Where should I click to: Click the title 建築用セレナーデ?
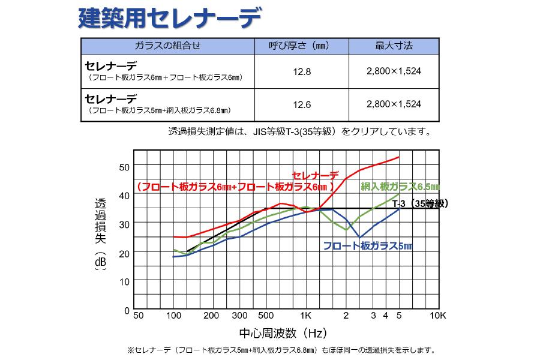(169, 19)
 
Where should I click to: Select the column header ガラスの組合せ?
(167, 46)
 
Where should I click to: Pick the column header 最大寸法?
(394, 46)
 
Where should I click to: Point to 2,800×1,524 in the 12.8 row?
(394, 71)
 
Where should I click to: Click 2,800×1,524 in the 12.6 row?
(394, 104)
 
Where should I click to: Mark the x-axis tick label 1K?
(305, 316)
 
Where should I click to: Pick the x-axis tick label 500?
(265, 316)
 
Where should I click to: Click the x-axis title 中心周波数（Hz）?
(282, 332)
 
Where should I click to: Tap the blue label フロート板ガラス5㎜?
(368, 246)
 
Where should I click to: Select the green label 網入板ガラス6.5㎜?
(400, 187)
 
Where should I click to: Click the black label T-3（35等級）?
(421, 204)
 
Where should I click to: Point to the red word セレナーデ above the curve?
(316, 175)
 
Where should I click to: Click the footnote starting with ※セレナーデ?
(281, 350)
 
